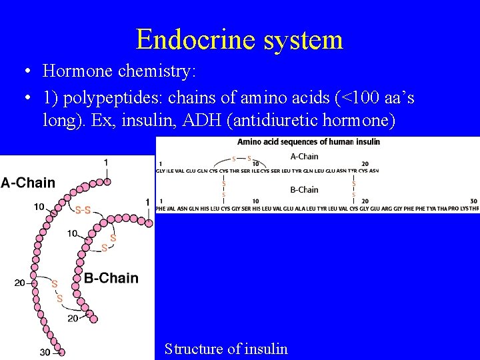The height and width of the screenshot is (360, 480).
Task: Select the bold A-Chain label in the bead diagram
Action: coord(28,183)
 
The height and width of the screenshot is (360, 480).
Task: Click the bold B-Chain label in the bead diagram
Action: coord(111,278)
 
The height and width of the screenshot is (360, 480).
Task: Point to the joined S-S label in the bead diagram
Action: coord(83,211)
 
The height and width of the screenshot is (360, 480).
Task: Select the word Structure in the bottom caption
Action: coord(195,349)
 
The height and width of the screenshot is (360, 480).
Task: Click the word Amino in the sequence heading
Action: coord(248,141)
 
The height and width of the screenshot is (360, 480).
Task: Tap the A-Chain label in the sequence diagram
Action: coord(304,157)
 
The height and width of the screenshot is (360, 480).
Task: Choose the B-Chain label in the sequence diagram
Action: coord(304,190)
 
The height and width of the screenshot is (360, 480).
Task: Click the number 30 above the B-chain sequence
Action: coord(473,201)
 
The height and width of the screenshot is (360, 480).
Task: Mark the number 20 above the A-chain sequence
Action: coord(365,164)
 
